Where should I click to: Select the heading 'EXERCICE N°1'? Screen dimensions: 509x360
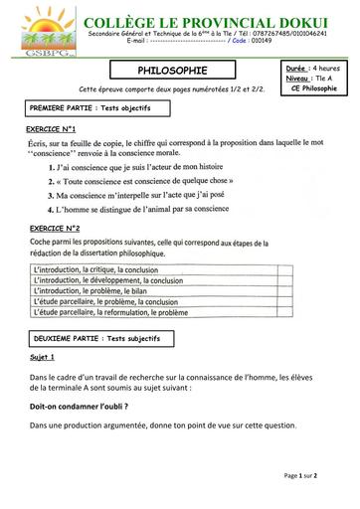point(52,129)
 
